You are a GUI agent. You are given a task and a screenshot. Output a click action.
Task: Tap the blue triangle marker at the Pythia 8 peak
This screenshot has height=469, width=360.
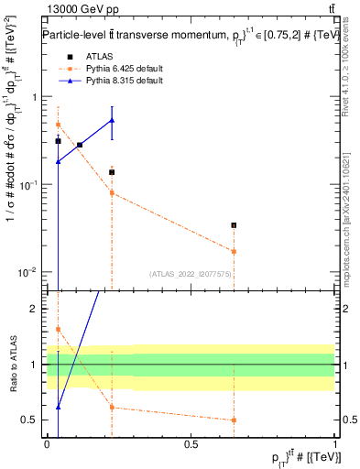point(112,120)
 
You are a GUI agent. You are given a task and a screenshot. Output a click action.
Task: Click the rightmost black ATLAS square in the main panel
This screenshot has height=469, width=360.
point(234,224)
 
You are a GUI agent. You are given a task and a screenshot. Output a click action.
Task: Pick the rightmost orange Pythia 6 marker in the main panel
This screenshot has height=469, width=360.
point(234,251)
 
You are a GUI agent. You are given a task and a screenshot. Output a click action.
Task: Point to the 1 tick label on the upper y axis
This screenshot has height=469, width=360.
point(34,97)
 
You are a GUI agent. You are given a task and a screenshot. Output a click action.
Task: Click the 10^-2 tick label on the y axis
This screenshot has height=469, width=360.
point(28,272)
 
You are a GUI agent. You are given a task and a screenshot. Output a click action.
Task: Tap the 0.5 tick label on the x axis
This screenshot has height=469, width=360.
point(191,443)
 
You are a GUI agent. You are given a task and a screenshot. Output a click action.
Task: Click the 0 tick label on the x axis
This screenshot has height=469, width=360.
point(47,443)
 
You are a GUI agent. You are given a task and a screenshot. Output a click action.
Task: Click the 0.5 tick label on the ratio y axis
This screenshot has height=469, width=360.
point(30,420)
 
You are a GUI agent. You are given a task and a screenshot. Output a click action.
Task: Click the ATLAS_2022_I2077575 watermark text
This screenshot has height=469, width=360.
point(189,273)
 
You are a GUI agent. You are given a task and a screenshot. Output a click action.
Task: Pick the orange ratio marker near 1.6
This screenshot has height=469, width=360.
point(58,329)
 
